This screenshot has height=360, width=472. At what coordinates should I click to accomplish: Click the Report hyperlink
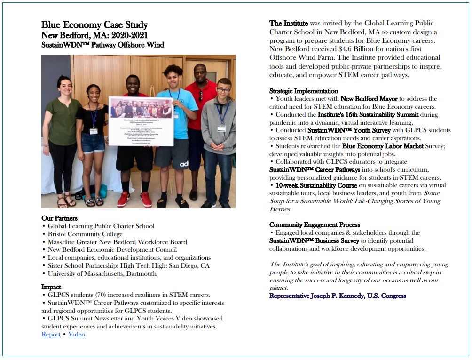pos(51,335)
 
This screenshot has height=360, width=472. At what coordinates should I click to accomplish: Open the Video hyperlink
pos(77,335)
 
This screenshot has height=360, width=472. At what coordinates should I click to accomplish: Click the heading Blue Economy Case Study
pos(94,25)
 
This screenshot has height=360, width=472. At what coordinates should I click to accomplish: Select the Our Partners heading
pos(59,218)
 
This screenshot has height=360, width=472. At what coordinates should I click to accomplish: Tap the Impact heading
pos(51,287)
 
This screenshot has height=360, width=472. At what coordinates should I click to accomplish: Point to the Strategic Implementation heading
pos(303,91)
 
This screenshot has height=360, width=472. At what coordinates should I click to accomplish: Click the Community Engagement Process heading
pos(315,225)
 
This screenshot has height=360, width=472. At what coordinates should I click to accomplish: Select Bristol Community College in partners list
pos(85,234)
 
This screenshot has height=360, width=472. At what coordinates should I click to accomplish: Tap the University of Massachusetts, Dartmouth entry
pos(102,273)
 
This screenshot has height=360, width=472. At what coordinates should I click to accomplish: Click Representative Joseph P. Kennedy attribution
pos(338,296)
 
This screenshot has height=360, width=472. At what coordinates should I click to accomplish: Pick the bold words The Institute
pos(289,23)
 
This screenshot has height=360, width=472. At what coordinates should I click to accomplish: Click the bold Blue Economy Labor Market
pos(383,146)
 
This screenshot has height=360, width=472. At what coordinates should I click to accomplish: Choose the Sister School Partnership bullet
pos(128,265)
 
